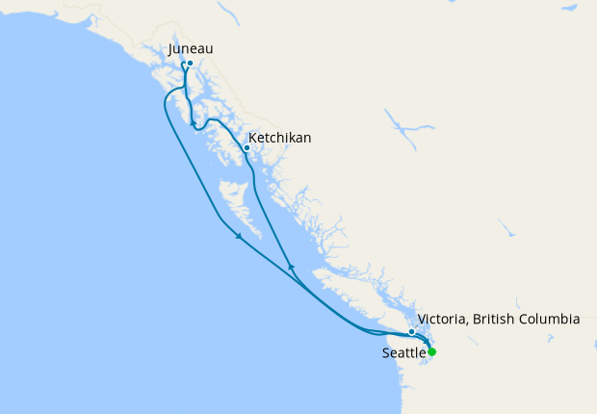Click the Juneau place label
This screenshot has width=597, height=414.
190,48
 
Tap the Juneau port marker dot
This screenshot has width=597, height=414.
190,64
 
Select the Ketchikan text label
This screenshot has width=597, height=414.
279,138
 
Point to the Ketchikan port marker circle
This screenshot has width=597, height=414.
247,148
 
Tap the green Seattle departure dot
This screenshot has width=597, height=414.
431,351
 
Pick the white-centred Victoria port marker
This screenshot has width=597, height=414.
412,332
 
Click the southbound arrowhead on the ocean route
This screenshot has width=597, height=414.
238,239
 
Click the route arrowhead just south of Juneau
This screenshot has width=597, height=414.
193,123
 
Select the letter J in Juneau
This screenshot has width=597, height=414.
170,48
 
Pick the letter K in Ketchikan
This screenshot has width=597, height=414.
252,138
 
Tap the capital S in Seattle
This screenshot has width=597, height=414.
385,353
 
